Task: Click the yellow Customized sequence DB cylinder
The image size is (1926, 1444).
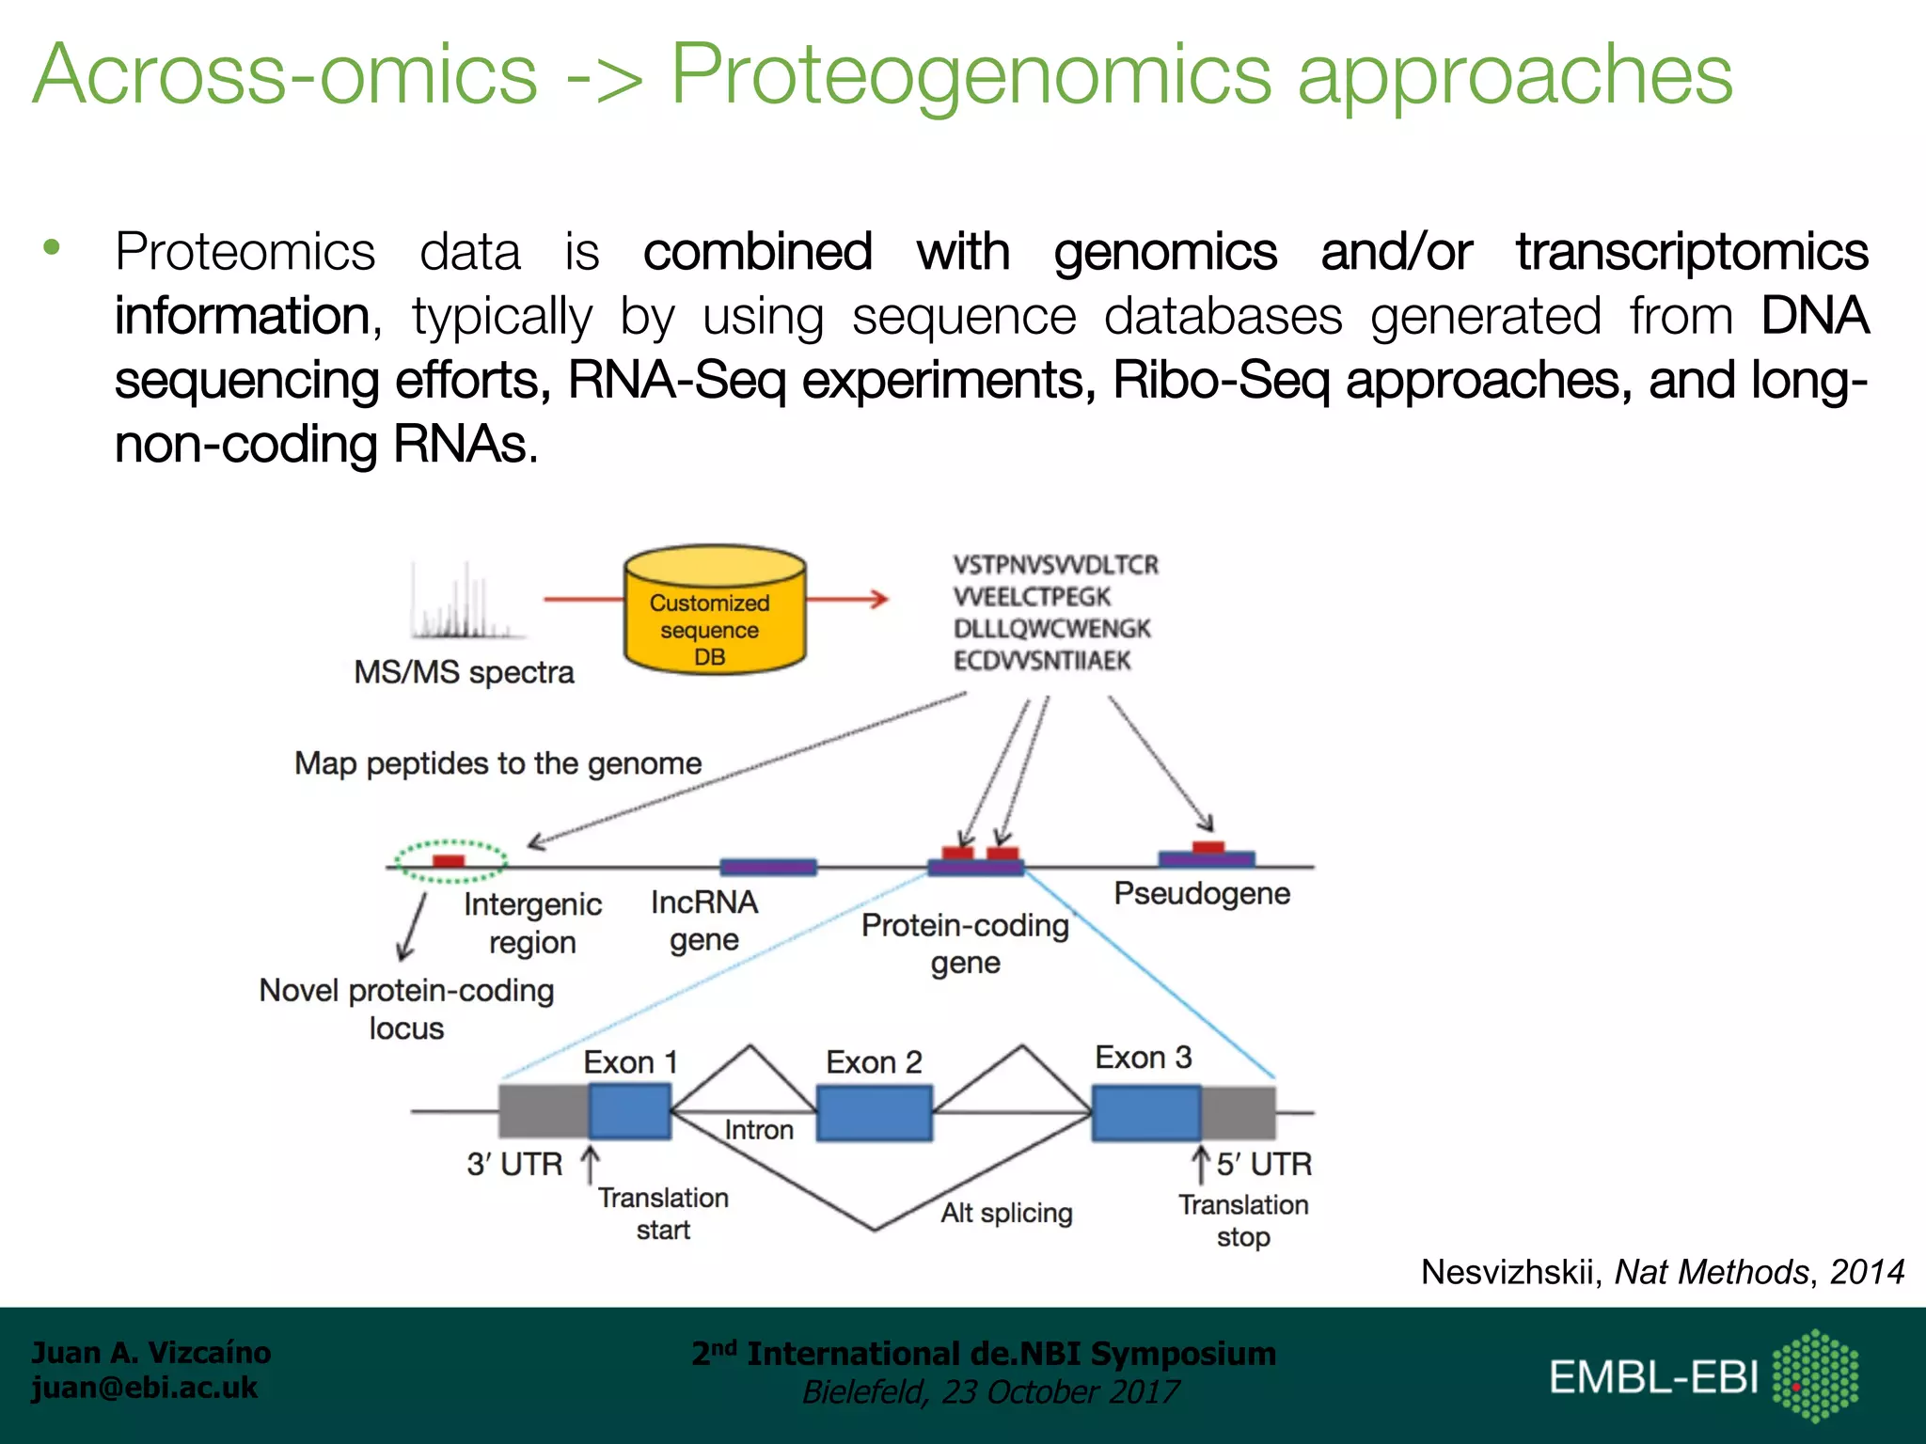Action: (715, 611)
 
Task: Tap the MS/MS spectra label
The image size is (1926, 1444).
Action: (464, 672)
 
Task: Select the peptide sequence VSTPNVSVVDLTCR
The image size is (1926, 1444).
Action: (1055, 565)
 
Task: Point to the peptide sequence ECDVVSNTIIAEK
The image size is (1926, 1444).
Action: (1042, 661)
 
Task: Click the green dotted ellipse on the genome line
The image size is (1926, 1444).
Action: (450, 861)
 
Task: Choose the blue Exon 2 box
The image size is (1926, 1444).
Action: (874, 1113)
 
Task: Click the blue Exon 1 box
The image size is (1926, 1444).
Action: (629, 1111)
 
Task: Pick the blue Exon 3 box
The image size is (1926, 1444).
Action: (1145, 1113)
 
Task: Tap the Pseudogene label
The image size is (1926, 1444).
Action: (1201, 893)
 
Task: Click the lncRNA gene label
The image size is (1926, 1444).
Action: (703, 920)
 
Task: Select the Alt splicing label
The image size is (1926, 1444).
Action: (1006, 1213)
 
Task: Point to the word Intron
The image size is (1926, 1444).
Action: (758, 1130)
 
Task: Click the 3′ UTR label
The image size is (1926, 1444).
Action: (514, 1165)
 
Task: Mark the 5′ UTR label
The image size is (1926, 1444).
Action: (1263, 1165)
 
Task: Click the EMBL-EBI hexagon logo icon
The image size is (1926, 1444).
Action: (1814, 1375)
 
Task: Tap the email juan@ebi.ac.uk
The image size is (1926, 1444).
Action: (144, 1388)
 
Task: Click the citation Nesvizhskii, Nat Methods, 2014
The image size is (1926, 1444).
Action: (1662, 1272)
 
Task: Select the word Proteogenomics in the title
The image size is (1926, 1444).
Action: (971, 75)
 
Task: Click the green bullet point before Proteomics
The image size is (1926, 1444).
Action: (52, 248)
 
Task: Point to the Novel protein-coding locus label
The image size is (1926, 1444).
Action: (406, 1009)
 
